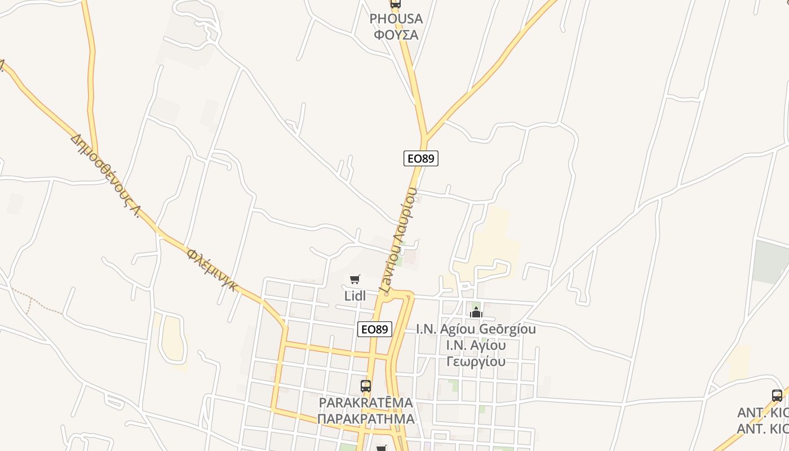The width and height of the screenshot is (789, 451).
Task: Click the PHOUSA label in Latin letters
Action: [396, 19]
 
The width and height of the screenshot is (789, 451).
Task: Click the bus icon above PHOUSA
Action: [396, 3]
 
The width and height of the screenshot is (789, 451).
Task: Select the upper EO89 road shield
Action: [421, 158]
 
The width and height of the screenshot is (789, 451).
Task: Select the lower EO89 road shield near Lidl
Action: [375, 329]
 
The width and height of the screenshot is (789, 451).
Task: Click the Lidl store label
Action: [355, 295]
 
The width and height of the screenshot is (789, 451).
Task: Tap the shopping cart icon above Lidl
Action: [355, 279]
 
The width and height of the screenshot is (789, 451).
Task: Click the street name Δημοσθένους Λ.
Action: [106, 175]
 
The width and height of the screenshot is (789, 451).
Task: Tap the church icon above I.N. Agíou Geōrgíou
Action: [476, 312]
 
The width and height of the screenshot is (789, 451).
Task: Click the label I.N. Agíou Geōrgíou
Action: [476, 329]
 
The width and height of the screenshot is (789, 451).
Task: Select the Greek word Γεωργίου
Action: [476, 361]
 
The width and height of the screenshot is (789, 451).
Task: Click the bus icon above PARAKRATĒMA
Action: [366, 386]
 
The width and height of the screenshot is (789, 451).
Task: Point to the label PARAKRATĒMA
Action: [366, 403]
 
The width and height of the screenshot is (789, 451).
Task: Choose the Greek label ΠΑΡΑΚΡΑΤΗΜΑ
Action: [366, 419]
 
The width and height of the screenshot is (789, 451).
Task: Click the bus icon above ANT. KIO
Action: [777, 396]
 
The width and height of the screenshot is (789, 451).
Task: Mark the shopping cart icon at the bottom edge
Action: [382, 448]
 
